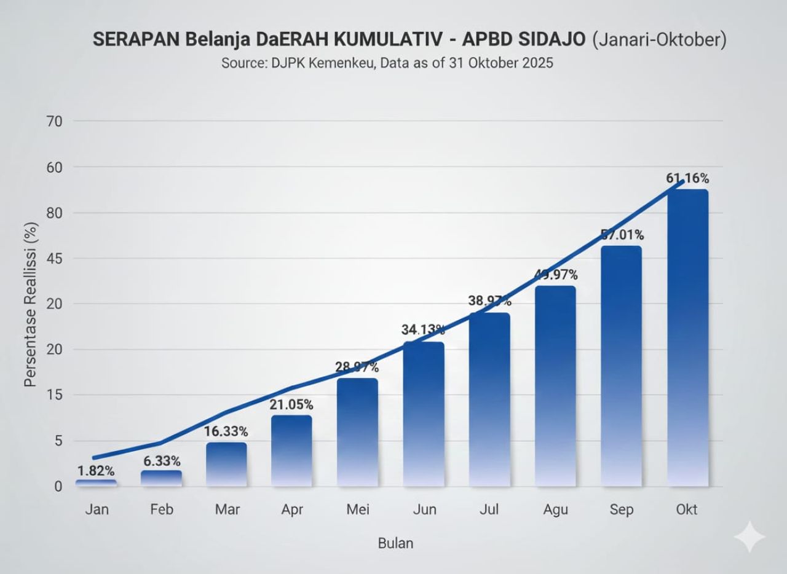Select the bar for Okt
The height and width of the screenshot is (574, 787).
687,338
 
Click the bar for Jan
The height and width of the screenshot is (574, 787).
96,484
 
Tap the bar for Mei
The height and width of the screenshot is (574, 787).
357,433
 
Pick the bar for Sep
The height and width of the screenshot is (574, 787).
621,366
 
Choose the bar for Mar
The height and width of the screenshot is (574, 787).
226,465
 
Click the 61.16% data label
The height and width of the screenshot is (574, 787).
687,179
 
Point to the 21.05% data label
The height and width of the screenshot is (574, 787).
291,405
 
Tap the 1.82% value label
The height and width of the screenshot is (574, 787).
96,471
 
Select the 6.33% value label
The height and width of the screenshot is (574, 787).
161,461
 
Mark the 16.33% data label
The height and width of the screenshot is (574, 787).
226,432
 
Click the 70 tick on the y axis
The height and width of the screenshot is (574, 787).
54,121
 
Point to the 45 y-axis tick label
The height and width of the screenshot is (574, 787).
54,258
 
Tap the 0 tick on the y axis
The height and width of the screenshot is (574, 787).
58,487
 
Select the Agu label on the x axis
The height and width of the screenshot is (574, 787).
556,510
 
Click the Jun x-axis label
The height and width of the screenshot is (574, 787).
423,510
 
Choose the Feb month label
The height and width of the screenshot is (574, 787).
161,510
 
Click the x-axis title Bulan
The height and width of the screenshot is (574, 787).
395,543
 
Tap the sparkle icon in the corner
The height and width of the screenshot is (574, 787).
749,537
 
